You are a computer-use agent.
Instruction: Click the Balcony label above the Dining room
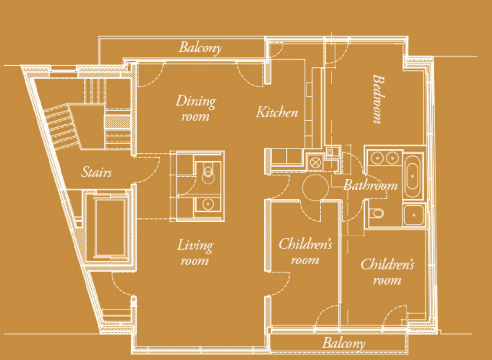pos(200,48)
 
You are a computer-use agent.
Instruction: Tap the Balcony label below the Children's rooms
pos(344,343)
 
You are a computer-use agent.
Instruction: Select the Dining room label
pos(196,108)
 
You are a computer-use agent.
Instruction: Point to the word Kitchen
pos(277,112)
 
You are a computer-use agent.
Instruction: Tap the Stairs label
pos(96,172)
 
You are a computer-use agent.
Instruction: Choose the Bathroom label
pos(370,185)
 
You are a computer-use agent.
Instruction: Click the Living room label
pos(195,252)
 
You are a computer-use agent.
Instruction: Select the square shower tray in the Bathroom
pos(414,215)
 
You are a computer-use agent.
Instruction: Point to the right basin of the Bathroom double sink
pos(392,158)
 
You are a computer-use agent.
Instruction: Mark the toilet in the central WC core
pos(208,174)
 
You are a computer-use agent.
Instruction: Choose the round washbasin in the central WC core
pos(208,204)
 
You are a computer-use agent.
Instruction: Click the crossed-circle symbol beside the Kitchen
pos(316,162)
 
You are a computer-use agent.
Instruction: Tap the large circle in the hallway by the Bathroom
pos(316,187)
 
